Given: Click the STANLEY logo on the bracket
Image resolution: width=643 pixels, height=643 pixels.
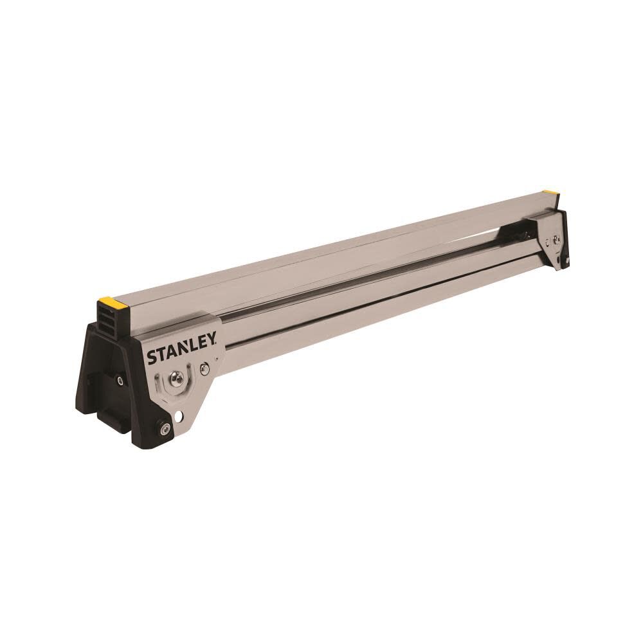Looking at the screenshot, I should point(183,351).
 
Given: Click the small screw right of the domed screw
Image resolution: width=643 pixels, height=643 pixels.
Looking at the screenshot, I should point(204,369).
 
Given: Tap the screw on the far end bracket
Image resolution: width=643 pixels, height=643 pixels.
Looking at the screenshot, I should point(556,240).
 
